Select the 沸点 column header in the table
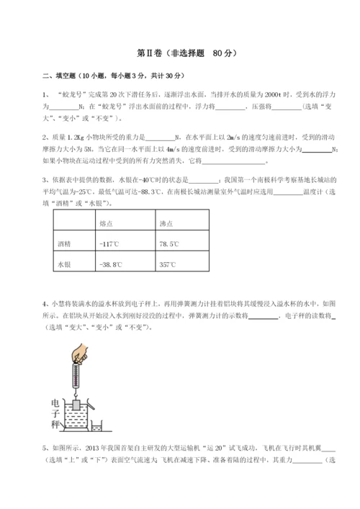(166, 224)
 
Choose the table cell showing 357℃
(168, 264)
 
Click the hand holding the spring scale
(81, 353)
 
